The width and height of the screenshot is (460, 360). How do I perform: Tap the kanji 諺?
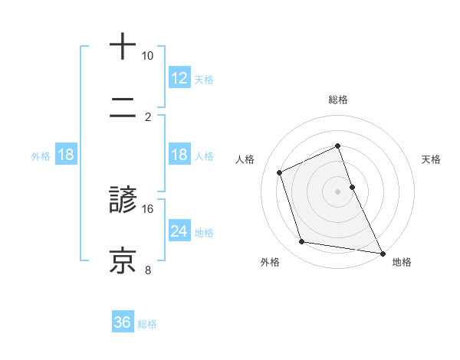click(x=123, y=200)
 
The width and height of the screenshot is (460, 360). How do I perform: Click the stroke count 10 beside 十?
click(x=147, y=56)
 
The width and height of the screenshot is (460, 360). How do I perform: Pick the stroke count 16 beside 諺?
click(x=147, y=208)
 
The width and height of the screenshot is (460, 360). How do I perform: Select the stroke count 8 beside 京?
click(x=149, y=270)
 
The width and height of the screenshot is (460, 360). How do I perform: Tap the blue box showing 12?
click(x=179, y=77)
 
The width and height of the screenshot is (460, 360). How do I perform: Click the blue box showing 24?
click(x=179, y=231)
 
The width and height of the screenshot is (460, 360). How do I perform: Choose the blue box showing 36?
click(x=122, y=322)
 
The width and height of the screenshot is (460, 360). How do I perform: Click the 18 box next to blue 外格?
click(x=66, y=155)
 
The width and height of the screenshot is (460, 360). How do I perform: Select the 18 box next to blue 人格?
click(x=179, y=155)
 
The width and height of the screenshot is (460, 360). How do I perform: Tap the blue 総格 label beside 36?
click(x=147, y=324)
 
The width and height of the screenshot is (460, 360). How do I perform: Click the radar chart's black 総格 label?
click(x=337, y=100)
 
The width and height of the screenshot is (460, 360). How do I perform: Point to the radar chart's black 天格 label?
click(x=432, y=159)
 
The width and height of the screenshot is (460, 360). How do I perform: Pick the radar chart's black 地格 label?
click(x=402, y=262)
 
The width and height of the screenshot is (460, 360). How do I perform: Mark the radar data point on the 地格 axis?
click(x=382, y=252)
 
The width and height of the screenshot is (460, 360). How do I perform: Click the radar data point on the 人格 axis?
click(x=280, y=172)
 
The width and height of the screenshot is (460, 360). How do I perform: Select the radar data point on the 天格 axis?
click(x=352, y=187)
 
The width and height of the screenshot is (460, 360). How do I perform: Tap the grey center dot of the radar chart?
click(x=337, y=191)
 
